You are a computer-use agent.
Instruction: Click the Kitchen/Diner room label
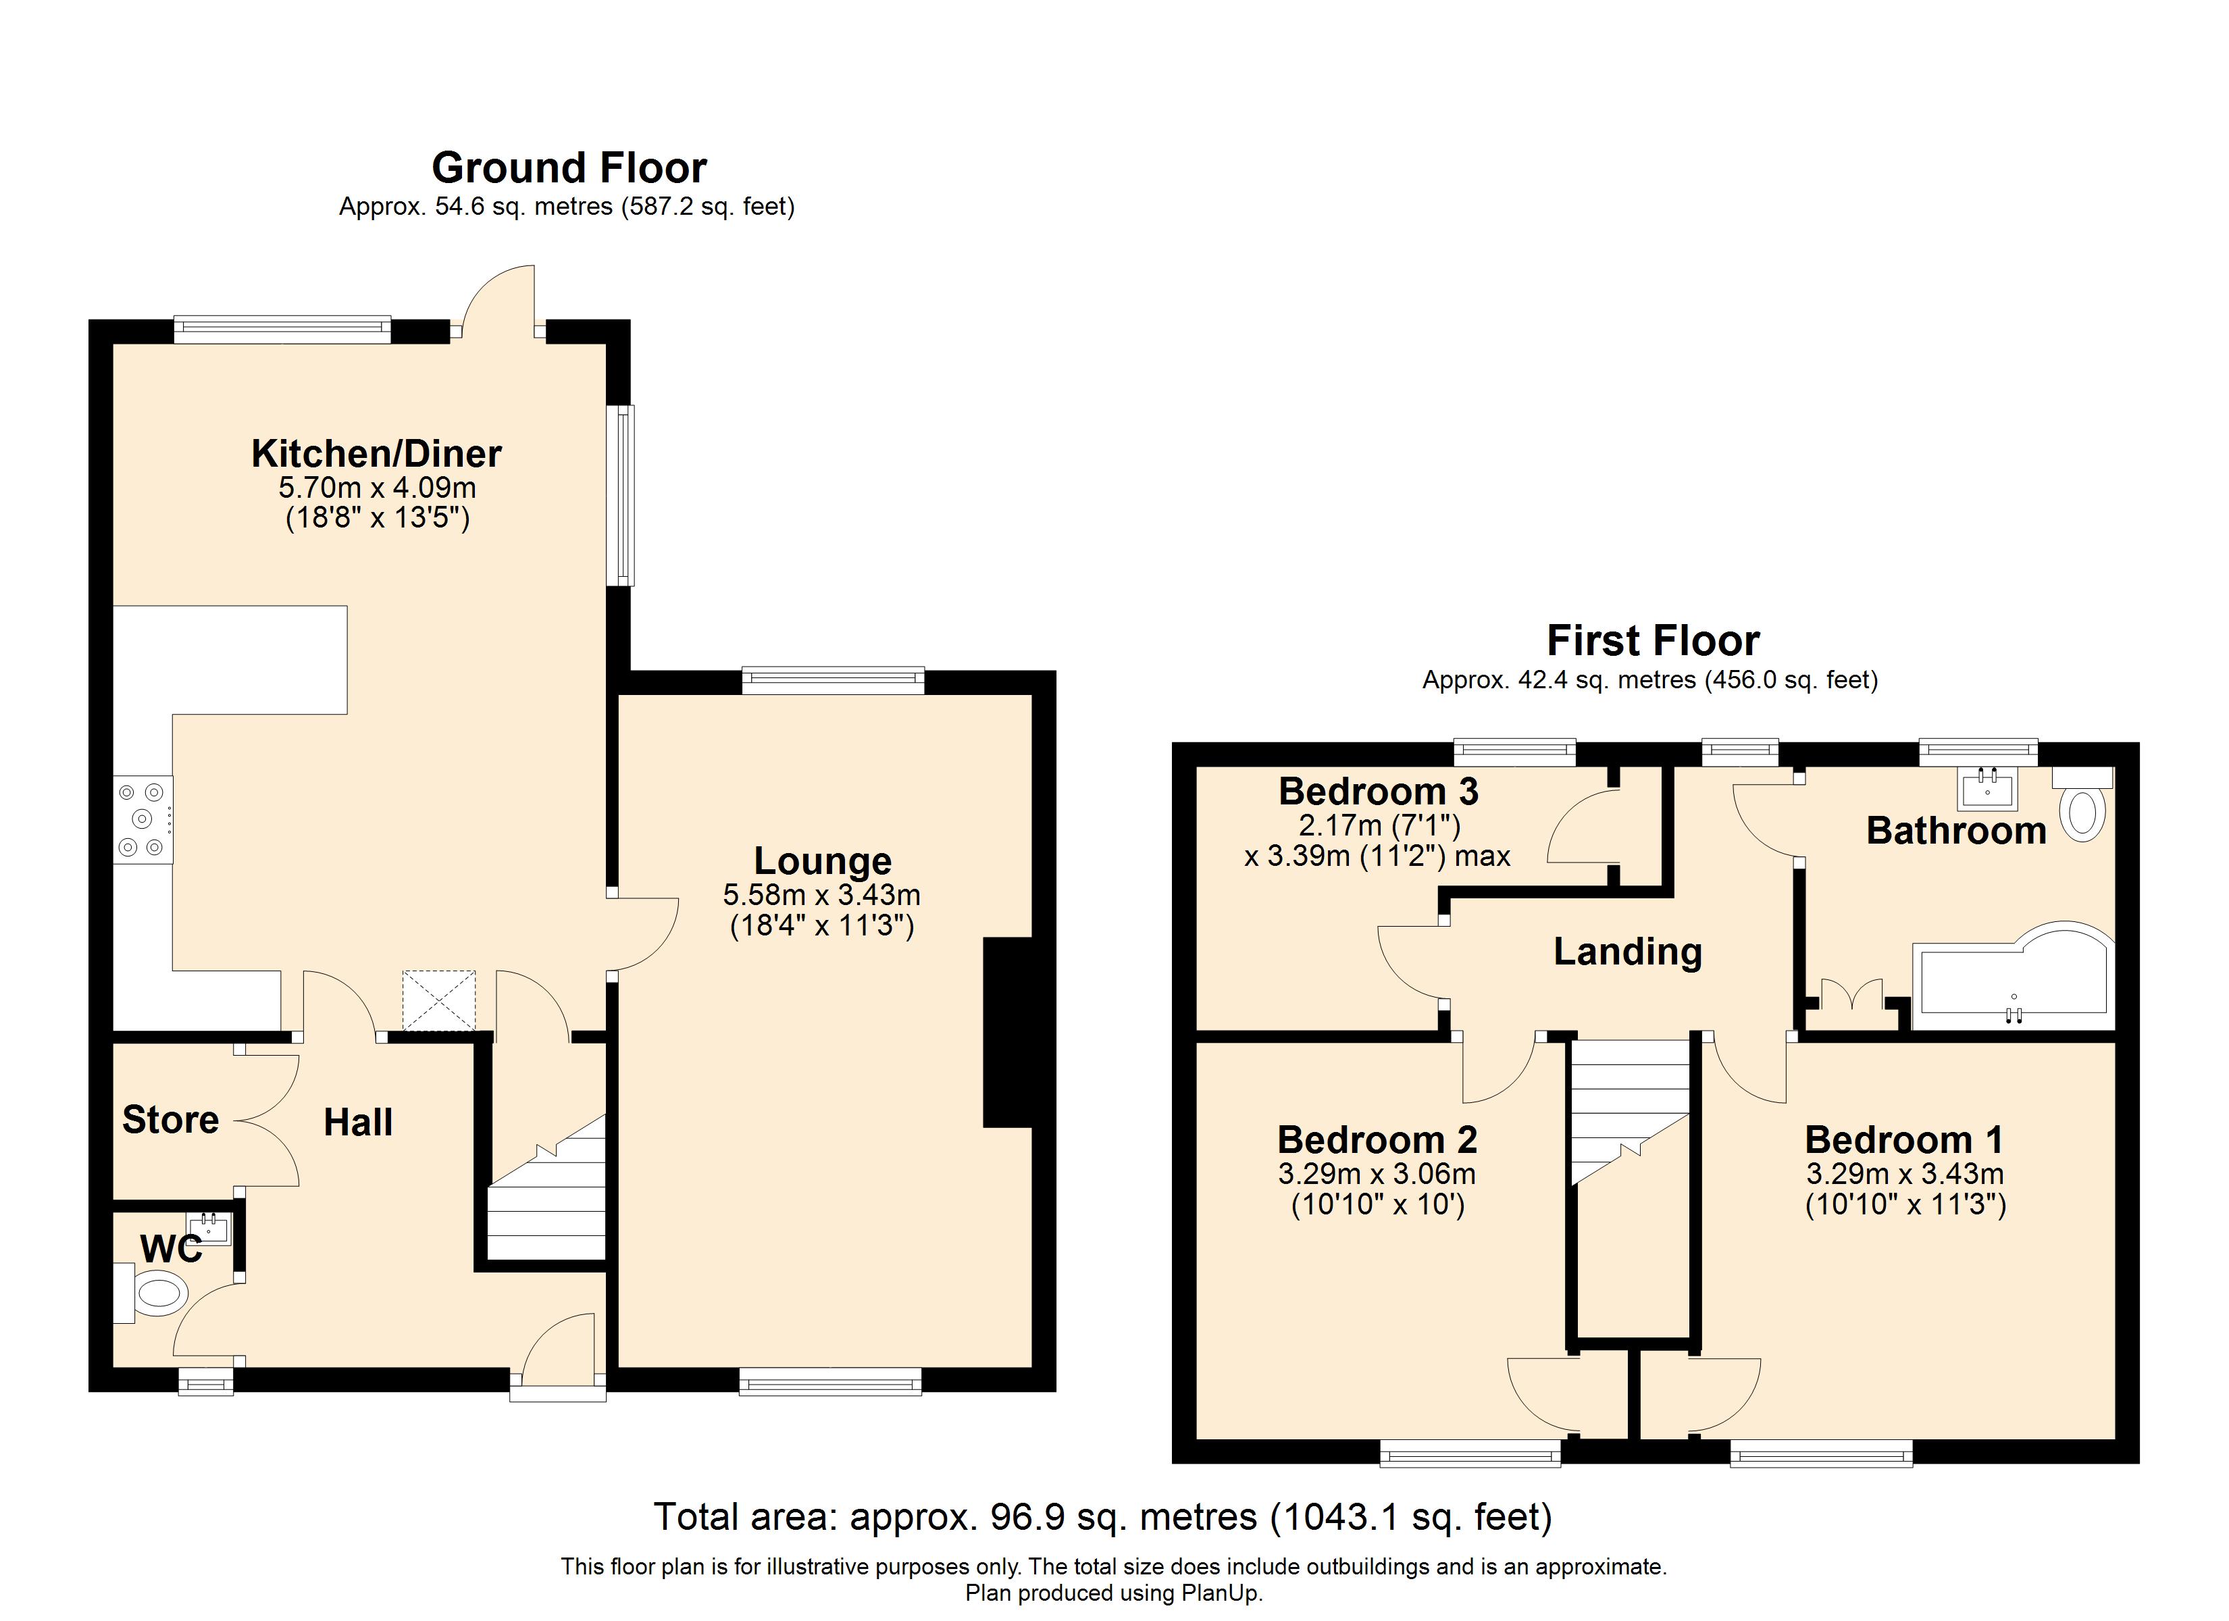[376, 453]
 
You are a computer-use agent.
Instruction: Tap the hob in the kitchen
[143, 820]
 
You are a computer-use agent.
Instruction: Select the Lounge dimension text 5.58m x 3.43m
[821, 894]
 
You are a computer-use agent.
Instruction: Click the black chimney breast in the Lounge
[1007, 1032]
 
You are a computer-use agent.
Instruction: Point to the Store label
[170, 1120]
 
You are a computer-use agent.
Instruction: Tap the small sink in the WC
[209, 1229]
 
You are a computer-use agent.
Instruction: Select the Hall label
[358, 1122]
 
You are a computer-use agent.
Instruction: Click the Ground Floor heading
[569, 168]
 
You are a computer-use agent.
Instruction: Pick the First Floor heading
[1653, 641]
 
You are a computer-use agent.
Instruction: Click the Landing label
[1628, 952]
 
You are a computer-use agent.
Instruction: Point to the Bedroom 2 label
[1377, 1139]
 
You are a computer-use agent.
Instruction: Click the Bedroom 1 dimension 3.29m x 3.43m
[1905, 1174]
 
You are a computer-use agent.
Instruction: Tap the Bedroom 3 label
[1378, 792]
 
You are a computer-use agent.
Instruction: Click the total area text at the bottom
[1103, 1517]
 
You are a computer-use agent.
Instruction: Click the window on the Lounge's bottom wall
[830, 1384]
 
